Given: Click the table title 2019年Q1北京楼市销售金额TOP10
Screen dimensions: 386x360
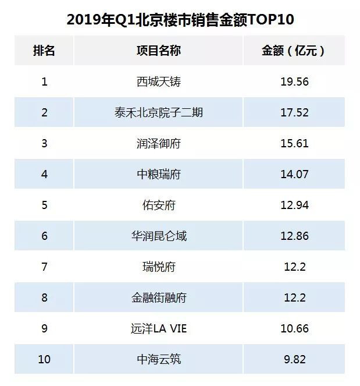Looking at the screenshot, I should (180, 20).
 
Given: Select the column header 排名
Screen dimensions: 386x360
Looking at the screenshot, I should (44, 51).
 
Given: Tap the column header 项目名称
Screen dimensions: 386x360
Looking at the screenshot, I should (159, 51).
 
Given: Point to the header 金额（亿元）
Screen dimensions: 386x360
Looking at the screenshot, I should (294, 51).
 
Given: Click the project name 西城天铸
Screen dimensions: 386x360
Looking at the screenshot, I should (159, 82).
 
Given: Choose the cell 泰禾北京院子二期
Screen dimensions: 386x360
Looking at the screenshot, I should (159, 112).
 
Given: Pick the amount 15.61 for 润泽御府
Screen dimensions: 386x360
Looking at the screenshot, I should (294, 143).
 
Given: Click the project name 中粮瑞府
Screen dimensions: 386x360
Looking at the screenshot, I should (159, 174).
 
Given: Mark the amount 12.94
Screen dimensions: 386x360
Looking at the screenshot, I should (294, 205).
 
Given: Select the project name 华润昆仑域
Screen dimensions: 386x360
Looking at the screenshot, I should (159, 236).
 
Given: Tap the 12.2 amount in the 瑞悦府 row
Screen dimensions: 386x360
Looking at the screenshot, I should (294, 267).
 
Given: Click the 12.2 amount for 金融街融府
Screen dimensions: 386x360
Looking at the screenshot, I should (294, 298).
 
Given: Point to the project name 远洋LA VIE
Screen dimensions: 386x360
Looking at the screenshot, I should (159, 328).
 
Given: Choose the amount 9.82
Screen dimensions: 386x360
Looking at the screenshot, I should (294, 359).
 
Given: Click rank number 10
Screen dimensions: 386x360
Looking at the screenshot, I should (44, 359).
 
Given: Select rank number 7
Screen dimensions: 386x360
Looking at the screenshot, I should (44, 267).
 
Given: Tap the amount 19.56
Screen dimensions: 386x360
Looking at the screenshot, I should (294, 82).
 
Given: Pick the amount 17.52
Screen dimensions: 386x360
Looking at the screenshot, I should (294, 112).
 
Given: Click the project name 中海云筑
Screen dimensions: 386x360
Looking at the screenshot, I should (159, 359).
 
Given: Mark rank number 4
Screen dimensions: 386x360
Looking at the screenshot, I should (44, 174).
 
